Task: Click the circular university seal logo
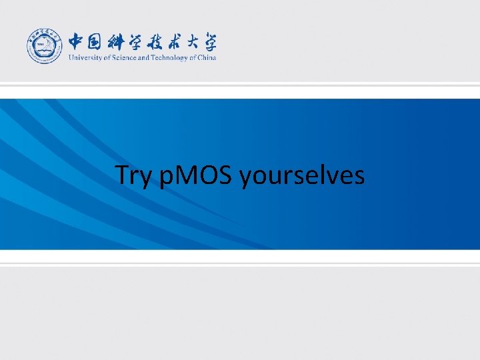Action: coord(45,47)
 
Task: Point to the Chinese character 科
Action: coord(121,41)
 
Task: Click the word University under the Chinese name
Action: coord(83,57)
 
